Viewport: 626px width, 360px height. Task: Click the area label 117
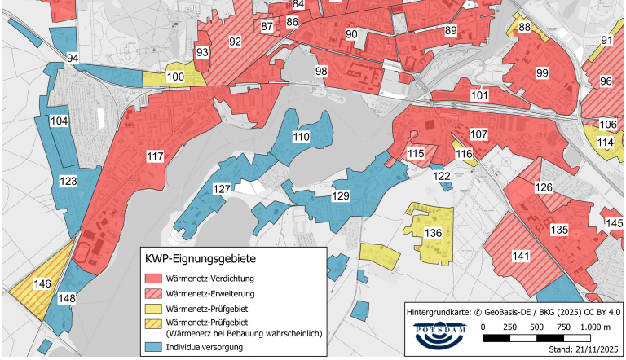coord(155,156)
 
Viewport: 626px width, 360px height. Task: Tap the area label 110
coord(302,138)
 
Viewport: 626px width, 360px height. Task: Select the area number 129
coord(341,196)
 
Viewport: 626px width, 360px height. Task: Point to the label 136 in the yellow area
coord(434,234)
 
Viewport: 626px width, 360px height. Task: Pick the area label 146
coord(42,284)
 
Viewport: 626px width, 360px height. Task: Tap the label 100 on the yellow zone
coord(174,77)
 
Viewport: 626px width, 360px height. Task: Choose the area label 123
coord(68,182)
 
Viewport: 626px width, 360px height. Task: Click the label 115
coord(417,153)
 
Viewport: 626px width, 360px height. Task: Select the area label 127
coord(222,189)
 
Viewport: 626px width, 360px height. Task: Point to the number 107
coord(478,134)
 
